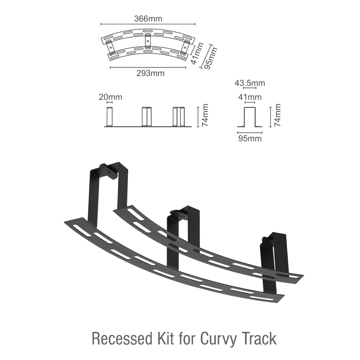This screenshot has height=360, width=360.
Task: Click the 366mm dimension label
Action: pyautogui.click(x=148, y=19)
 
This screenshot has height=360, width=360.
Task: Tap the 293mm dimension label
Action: pyautogui.click(x=150, y=73)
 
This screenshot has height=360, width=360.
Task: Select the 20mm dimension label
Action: pyautogui.click(x=111, y=97)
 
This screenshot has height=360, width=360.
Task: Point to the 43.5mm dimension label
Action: pyautogui.click(x=250, y=83)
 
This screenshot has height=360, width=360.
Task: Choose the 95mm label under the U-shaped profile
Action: pyautogui.click(x=250, y=138)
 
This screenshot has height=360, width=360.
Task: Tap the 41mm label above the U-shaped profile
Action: pyautogui.click(x=250, y=97)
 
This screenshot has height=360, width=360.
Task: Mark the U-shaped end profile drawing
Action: pyautogui.click(x=250, y=117)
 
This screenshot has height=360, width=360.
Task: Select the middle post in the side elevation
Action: pyautogui.click(x=147, y=117)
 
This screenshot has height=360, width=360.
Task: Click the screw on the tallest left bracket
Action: pyautogui.click(x=108, y=171)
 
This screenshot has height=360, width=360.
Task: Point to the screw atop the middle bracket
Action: pyautogui.click(x=182, y=215)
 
